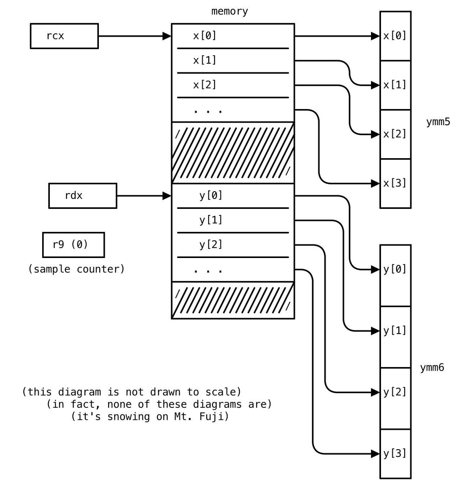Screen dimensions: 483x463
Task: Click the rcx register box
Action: [64, 36]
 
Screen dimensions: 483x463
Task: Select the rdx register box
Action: [83, 196]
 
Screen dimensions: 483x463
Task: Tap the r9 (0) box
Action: [74, 245]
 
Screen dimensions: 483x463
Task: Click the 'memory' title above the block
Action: [229, 11]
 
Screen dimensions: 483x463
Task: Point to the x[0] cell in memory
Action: [233, 36]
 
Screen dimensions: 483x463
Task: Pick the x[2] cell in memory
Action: [233, 85]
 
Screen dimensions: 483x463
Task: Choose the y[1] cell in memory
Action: [233, 220]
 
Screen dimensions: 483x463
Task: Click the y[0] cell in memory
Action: [233, 196]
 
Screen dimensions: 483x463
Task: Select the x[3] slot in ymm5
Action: [395, 184]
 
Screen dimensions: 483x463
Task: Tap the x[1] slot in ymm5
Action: [395, 85]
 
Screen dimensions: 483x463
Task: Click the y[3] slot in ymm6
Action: [395, 454]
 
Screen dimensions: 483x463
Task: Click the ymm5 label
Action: [438, 122]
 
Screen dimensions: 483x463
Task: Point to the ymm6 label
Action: [432, 367]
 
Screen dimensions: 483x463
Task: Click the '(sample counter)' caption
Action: [76, 269]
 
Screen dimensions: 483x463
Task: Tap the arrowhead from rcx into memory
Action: [167, 36]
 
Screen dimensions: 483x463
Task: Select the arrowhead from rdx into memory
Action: [167, 196]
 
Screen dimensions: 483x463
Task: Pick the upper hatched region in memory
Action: [233, 153]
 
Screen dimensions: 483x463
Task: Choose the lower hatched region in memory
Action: [233, 300]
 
